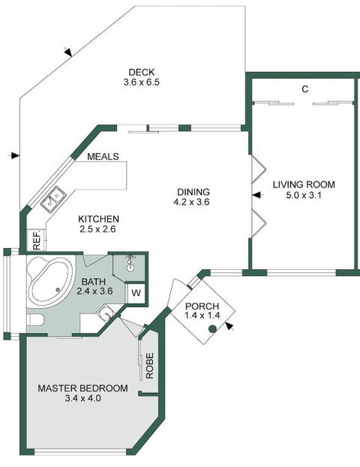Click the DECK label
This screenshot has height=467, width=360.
pyautogui.click(x=142, y=72)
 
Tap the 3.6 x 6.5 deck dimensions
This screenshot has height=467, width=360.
pyautogui.click(x=142, y=82)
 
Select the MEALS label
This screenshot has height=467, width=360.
pyautogui.click(x=103, y=157)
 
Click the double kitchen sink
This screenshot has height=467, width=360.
pyautogui.click(x=53, y=199)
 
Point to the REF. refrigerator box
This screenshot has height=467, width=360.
pyautogui.click(x=36, y=240)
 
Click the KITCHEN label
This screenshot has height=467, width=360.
pyautogui.click(x=98, y=219)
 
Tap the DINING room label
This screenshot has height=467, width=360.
pyautogui.click(x=193, y=192)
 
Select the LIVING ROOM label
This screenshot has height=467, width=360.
pyautogui.click(x=304, y=184)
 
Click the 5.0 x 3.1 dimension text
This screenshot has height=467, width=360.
pyautogui.click(x=304, y=196)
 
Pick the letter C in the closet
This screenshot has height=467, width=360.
pyautogui.click(x=304, y=89)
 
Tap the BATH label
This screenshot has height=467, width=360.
pyautogui.click(x=93, y=281)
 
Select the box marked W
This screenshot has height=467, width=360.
pyautogui.click(x=136, y=293)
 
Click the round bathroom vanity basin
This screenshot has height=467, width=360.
pyautogui.click(x=106, y=313)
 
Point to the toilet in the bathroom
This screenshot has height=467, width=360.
pyautogui.click(x=35, y=320)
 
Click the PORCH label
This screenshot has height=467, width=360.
pyautogui.click(x=202, y=306)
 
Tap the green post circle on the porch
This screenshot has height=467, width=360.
pyautogui.click(x=212, y=329)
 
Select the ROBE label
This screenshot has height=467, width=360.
pyautogui.click(x=149, y=366)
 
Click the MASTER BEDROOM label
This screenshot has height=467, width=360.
pyautogui.click(x=82, y=388)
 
